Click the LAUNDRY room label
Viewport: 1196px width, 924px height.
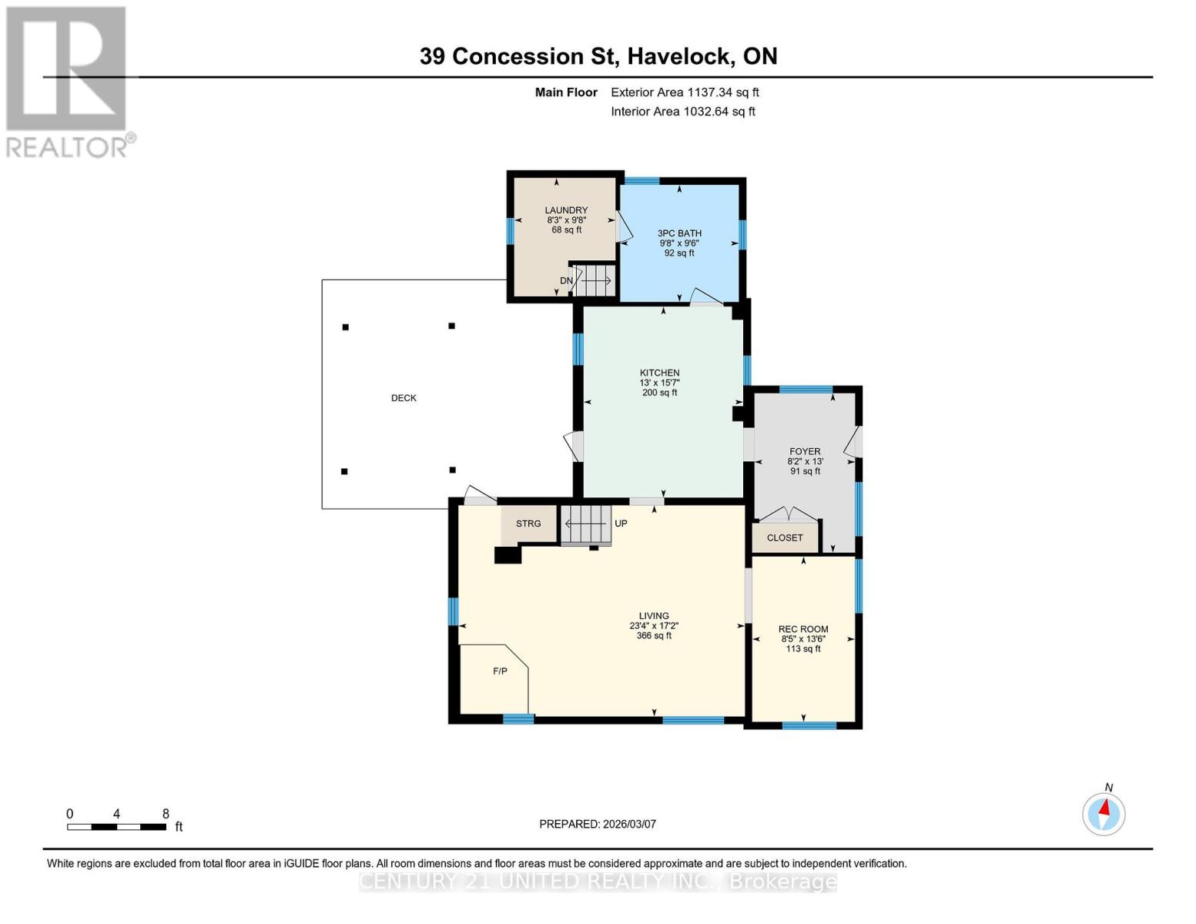tap(566, 210)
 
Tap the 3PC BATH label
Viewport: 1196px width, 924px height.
tap(679, 233)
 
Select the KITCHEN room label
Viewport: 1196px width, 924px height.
tap(659, 373)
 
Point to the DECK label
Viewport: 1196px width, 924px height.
tap(404, 398)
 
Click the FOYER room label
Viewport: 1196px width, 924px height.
tap(805, 452)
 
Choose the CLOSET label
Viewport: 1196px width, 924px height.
tap(785, 538)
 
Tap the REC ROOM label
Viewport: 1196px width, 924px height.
tap(803, 629)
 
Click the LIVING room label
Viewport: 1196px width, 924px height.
tap(654, 616)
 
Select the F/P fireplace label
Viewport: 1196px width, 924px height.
tap(500, 671)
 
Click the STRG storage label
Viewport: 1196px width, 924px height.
tap(528, 524)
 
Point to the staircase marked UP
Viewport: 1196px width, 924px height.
tap(586, 524)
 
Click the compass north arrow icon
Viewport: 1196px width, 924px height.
tap(1104, 813)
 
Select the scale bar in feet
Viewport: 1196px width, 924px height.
tap(116, 827)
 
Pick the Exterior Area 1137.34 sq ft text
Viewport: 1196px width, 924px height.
tap(685, 92)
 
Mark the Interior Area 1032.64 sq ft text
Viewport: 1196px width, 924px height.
tap(683, 112)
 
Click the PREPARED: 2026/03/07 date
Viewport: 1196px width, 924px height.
tap(598, 824)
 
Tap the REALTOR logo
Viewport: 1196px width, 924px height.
tap(67, 81)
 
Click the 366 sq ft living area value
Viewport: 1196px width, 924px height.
tap(654, 636)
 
